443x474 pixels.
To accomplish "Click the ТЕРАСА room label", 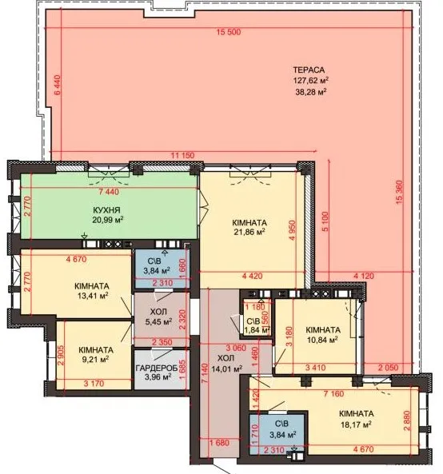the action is [309, 70].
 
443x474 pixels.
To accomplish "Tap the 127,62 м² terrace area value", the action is [310, 81].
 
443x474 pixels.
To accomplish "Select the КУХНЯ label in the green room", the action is [106, 209].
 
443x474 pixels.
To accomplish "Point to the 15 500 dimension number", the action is [229, 32].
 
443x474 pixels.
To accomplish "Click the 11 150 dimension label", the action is [182, 155].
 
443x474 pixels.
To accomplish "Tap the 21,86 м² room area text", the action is [249, 232].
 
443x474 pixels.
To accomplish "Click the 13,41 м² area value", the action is [93, 295].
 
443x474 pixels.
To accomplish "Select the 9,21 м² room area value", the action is [95, 360].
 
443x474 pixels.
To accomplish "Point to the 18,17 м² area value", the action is [356, 424].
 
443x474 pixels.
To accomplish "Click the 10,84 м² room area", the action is [322, 340].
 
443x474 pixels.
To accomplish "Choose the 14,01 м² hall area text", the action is [227, 368].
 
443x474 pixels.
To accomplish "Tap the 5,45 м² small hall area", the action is [158, 321].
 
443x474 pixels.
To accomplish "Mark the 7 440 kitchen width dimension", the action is [110, 192].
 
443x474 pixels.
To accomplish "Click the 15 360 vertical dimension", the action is [400, 192].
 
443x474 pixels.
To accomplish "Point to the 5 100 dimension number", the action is [325, 221].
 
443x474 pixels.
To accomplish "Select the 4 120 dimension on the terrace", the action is [364, 276].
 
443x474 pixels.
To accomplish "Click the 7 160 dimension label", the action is [333, 393].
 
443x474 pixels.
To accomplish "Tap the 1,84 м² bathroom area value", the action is [257, 330].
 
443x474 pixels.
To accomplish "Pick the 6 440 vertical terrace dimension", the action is [58, 85].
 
